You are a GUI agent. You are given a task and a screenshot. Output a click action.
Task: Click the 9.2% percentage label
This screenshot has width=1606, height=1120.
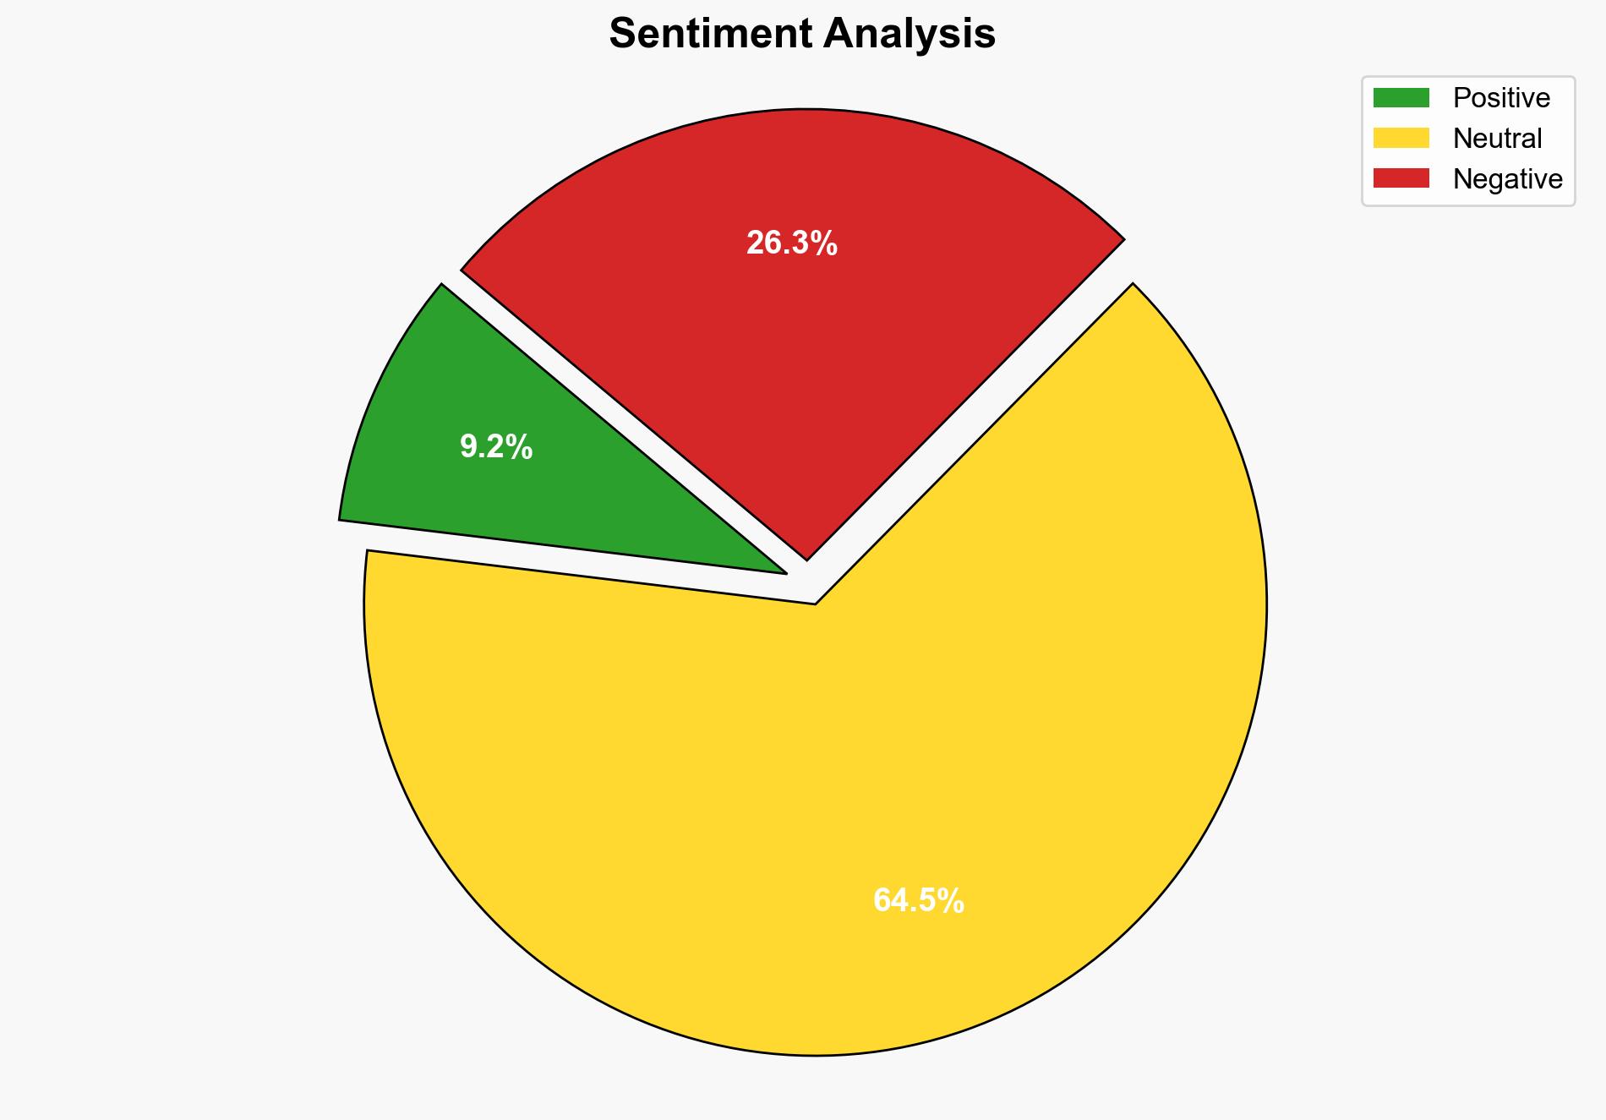point(496,447)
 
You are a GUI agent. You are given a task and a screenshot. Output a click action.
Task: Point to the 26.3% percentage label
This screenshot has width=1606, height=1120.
point(791,243)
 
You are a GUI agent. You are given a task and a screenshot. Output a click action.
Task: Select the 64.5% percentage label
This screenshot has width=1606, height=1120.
point(918,901)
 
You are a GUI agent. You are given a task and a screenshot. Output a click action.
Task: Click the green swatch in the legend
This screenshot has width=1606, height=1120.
point(1401,98)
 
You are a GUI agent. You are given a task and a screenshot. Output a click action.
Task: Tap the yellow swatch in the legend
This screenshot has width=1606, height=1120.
point(1401,138)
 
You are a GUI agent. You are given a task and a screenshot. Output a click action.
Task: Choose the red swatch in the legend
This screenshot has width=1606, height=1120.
point(1401,178)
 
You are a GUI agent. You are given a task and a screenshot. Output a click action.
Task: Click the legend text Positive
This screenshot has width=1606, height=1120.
point(1501,98)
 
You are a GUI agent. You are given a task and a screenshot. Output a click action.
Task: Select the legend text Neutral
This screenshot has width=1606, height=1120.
point(1497,138)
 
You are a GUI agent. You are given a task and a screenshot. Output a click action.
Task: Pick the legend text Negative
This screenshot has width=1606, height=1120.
point(1507,178)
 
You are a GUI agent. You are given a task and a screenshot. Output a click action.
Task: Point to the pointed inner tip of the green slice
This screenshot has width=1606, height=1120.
point(785,573)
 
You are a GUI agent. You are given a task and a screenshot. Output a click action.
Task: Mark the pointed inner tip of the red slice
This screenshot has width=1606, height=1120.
point(807,559)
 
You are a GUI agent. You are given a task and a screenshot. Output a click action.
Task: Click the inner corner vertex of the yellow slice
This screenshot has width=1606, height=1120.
point(815,604)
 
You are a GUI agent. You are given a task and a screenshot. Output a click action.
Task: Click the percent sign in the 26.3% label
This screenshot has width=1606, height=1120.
point(826,243)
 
